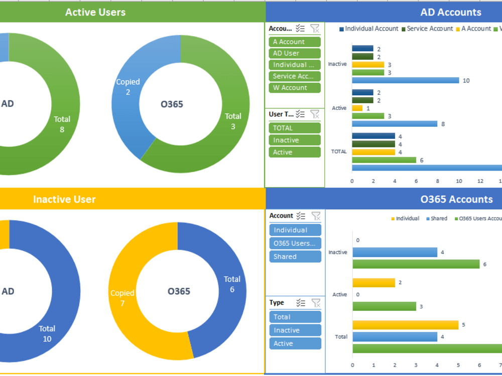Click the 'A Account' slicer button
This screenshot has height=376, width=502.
tap(294, 42)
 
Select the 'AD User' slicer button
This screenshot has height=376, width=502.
tap(294, 54)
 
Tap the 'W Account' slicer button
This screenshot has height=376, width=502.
tap(294, 88)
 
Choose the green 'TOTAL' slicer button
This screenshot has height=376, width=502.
tap(294, 128)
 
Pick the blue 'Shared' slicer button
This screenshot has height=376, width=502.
tap(295, 257)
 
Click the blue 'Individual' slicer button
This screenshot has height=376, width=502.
tap(295, 230)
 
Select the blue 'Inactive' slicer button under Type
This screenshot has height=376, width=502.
tap(295, 330)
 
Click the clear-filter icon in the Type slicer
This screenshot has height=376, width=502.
tap(316, 303)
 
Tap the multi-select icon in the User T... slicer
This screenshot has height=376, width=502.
tap(300, 114)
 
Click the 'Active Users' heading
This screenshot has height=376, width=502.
tap(95, 12)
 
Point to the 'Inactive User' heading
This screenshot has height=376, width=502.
tap(64, 199)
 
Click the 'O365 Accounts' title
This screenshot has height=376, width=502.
tap(456, 199)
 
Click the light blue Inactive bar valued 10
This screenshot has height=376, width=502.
tap(405, 80)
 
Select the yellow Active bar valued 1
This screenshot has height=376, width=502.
tap(357, 108)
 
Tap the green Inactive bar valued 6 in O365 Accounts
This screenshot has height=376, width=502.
tap(416, 264)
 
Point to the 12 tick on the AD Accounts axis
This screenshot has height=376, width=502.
tap(480, 181)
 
